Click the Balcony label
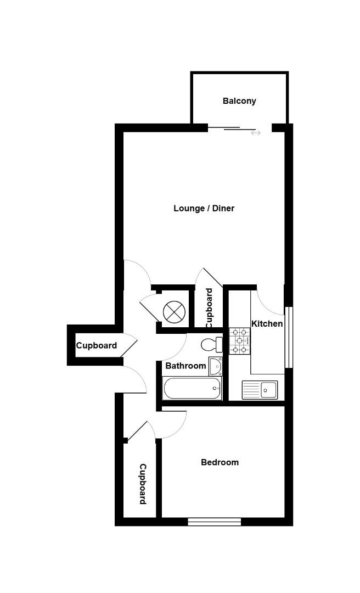pyautogui.click(x=239, y=101)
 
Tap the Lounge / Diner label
pyautogui.click(x=204, y=208)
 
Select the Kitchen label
pyautogui.click(x=267, y=323)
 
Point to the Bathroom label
pyautogui.click(x=185, y=365)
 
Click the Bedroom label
pyautogui.click(x=220, y=462)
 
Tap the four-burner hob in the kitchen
pyautogui.click(x=240, y=340)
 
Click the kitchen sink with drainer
pyautogui.click(x=260, y=390)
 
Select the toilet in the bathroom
pyautogui.click(x=211, y=345)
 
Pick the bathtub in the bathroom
pyautogui.click(x=192, y=389)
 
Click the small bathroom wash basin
pyautogui.click(x=215, y=366)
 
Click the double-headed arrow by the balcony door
pyautogui.click(x=256, y=133)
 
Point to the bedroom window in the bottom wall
pyautogui.click(x=214, y=522)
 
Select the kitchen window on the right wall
pyautogui.click(x=289, y=336)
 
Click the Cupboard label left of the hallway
pyautogui.click(x=96, y=346)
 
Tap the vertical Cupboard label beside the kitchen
pyautogui.click(x=209, y=308)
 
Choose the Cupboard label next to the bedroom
pyautogui.click(x=142, y=484)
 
